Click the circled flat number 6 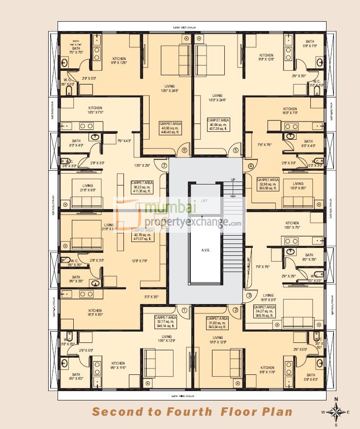coord(185,151)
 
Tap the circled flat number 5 coord(236,151)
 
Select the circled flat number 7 coord(164,166)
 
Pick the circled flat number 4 coord(250,166)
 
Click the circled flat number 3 coord(249,295)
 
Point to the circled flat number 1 coord(185,310)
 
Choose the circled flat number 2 coord(236,310)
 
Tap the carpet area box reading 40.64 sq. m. coord(218,126)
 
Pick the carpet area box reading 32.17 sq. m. coord(165,322)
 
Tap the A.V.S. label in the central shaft coord(206,250)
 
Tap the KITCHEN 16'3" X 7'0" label coord(96,110)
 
